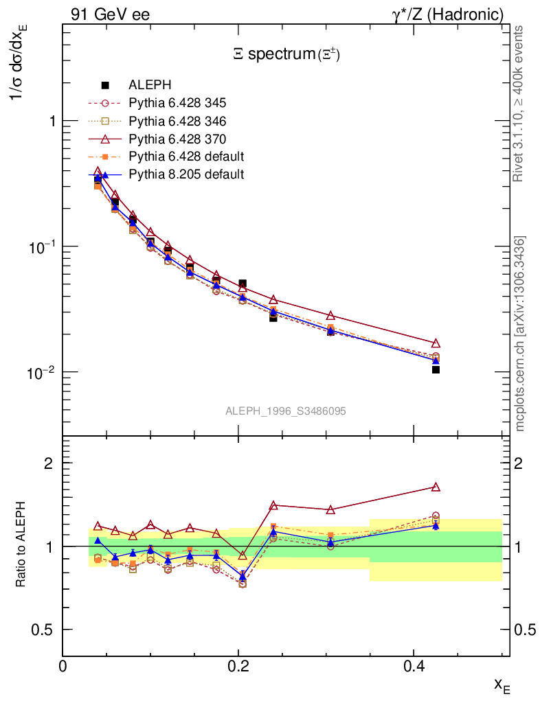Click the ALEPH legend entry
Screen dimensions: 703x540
pyautogui.click(x=150, y=85)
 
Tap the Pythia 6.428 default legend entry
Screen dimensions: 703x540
pyautogui.click(x=186, y=157)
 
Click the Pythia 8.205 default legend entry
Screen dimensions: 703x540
pyautogui.click(x=186, y=174)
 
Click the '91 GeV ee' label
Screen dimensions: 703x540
pyautogui.click(x=110, y=14)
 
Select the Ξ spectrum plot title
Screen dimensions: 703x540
pyautogui.click(x=286, y=55)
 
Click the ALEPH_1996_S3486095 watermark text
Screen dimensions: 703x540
pyautogui.click(x=286, y=411)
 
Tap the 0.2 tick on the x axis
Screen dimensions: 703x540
pyautogui.click(x=238, y=666)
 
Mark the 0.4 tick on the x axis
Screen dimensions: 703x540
pyautogui.click(x=414, y=666)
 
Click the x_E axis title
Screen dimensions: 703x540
pyautogui.click(x=501, y=685)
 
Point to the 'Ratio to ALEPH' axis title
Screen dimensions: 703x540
pyautogui.click(x=22, y=546)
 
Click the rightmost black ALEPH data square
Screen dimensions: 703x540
pyautogui.click(x=436, y=370)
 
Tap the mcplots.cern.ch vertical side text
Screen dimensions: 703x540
pyautogui.click(x=520, y=334)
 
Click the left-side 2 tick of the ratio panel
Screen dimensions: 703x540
pyautogui.click(x=49, y=463)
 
